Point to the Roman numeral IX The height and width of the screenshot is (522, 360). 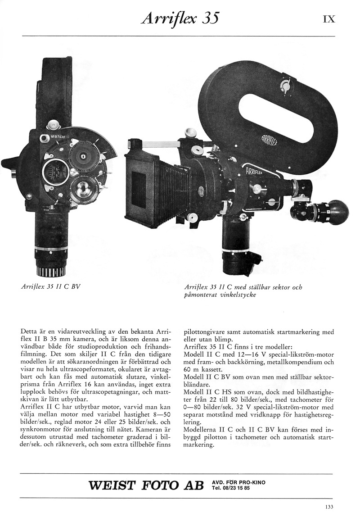(x=328, y=19)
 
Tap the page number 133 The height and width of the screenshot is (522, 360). (x=329, y=507)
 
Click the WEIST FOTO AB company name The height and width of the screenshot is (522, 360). (x=147, y=486)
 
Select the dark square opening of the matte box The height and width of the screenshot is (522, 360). (x=138, y=190)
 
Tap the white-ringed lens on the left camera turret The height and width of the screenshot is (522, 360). (x=54, y=172)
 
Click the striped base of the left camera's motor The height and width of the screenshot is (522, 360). (x=50, y=271)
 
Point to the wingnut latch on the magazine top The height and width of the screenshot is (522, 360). (x=284, y=84)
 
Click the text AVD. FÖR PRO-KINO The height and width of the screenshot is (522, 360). (x=238, y=482)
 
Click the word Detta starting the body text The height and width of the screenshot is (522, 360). (x=30, y=332)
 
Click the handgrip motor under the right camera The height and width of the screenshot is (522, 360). (x=236, y=245)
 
